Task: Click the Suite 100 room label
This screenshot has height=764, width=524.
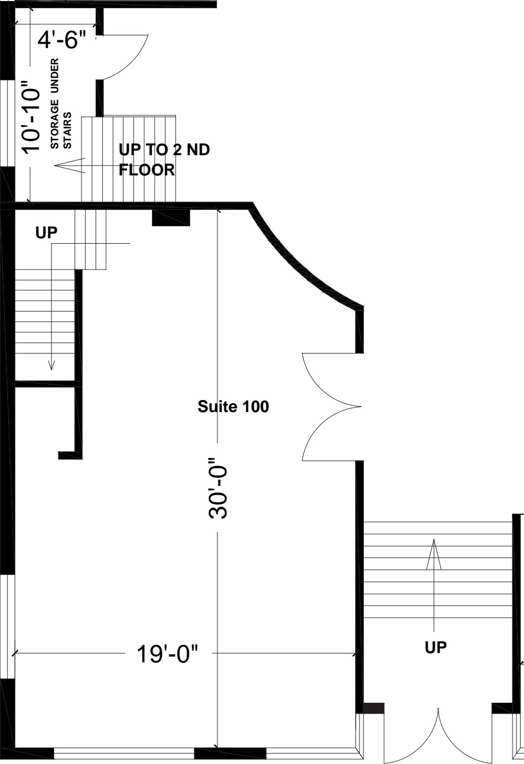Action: (233, 407)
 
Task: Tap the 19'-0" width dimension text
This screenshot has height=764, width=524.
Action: (167, 654)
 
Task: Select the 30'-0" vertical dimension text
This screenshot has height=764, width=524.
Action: (217, 488)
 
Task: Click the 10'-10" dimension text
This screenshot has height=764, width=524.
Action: (31, 117)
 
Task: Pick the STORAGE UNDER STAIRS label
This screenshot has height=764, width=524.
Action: (61, 104)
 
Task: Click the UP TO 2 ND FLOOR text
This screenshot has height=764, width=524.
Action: (163, 160)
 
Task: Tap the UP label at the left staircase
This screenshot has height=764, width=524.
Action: (46, 232)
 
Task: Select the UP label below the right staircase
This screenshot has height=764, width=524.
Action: (435, 648)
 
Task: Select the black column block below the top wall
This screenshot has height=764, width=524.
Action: (170, 217)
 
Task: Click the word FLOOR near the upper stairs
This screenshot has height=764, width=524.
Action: (147, 170)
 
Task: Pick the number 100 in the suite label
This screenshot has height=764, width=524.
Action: (256, 407)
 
